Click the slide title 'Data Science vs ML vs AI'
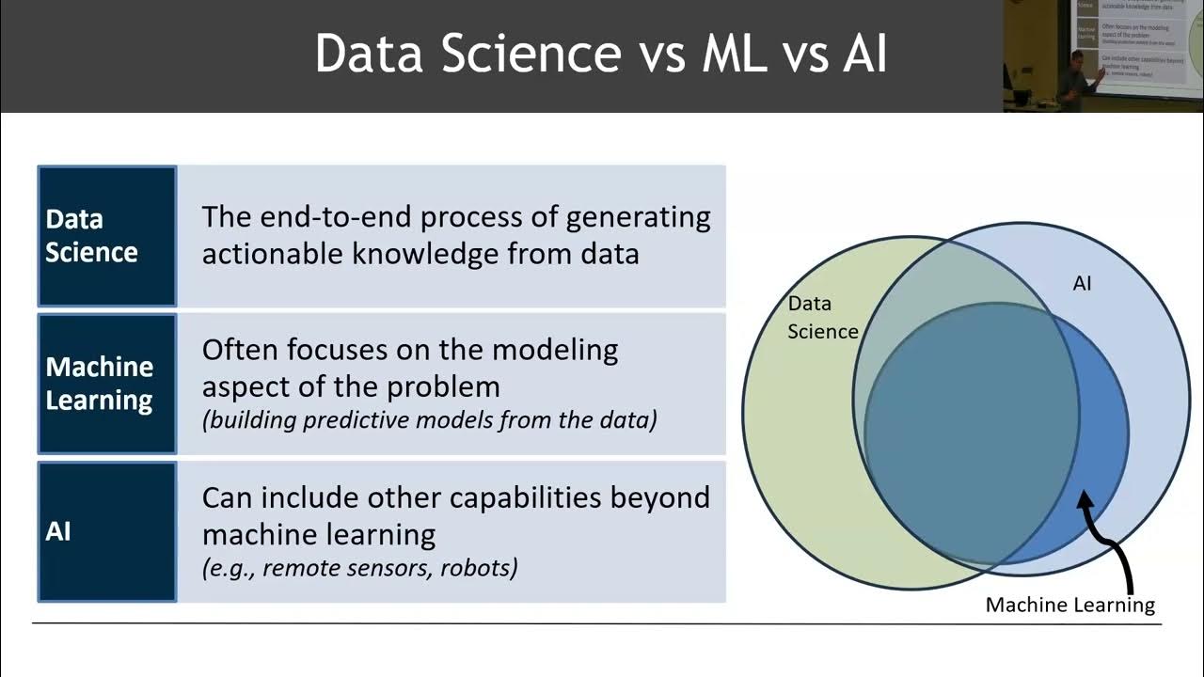pyautogui.click(x=601, y=54)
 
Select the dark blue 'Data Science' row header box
pyautogui.click(x=106, y=236)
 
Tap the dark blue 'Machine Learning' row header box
pyautogui.click(x=106, y=384)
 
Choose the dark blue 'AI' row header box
pyautogui.click(x=106, y=531)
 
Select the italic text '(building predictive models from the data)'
pyautogui.click(x=429, y=419)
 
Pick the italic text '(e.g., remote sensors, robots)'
pyautogui.click(x=359, y=567)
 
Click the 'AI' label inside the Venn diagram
pyautogui.click(x=1082, y=283)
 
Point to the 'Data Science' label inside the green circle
pyautogui.click(x=820, y=317)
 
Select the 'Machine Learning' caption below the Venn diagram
pyautogui.click(x=1069, y=605)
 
